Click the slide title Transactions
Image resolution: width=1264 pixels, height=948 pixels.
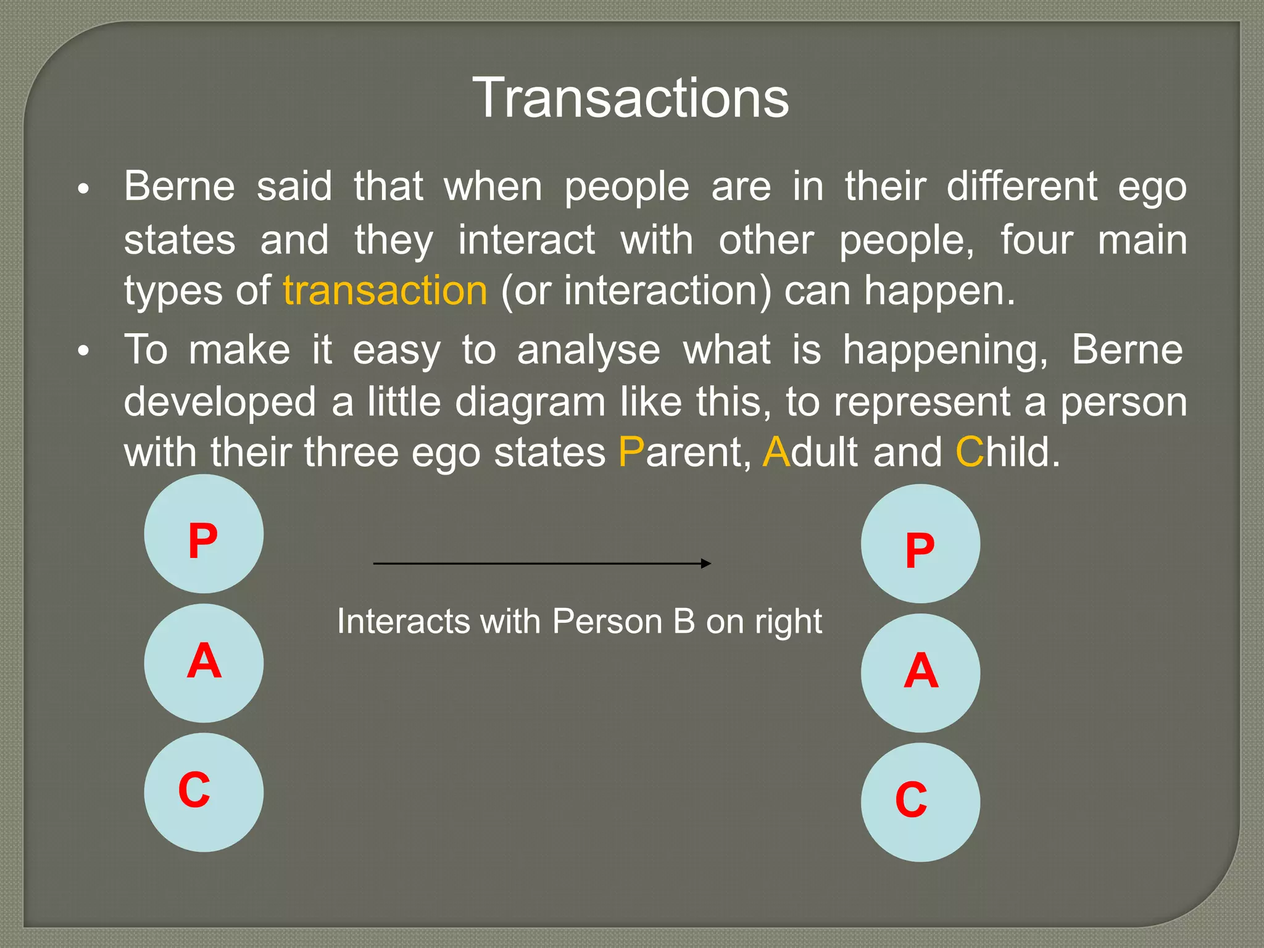[631, 99]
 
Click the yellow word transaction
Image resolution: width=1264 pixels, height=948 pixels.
[385, 291]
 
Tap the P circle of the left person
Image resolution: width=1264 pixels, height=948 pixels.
[204, 534]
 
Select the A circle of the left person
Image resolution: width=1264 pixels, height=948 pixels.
[204, 663]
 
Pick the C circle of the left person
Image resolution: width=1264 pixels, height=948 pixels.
[204, 792]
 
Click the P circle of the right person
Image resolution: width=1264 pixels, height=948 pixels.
[920, 544]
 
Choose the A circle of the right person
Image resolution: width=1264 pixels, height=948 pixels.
[920, 673]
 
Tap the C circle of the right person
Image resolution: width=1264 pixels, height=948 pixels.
[920, 802]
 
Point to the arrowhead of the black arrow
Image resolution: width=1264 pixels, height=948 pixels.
[707, 563]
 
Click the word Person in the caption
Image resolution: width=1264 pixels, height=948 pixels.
[607, 622]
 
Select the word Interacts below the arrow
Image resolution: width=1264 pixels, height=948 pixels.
[404, 622]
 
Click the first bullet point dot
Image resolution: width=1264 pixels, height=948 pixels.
[84, 189]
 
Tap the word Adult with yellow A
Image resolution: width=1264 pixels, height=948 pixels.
[810, 452]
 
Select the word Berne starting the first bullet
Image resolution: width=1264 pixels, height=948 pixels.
[180, 186]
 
